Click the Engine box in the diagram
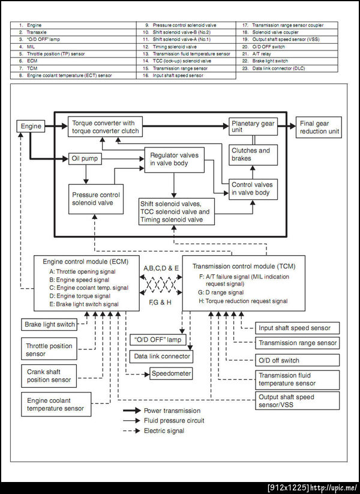pos(31,127)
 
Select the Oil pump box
pos(85,159)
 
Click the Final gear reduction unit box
pos(319,127)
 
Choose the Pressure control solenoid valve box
pos(97,199)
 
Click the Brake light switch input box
pos(50,325)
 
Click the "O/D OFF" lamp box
pos(158,340)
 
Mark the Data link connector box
pos(161,357)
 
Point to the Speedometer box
pos(171,373)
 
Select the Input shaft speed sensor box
pos(296,328)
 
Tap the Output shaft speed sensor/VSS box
pos(296,400)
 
